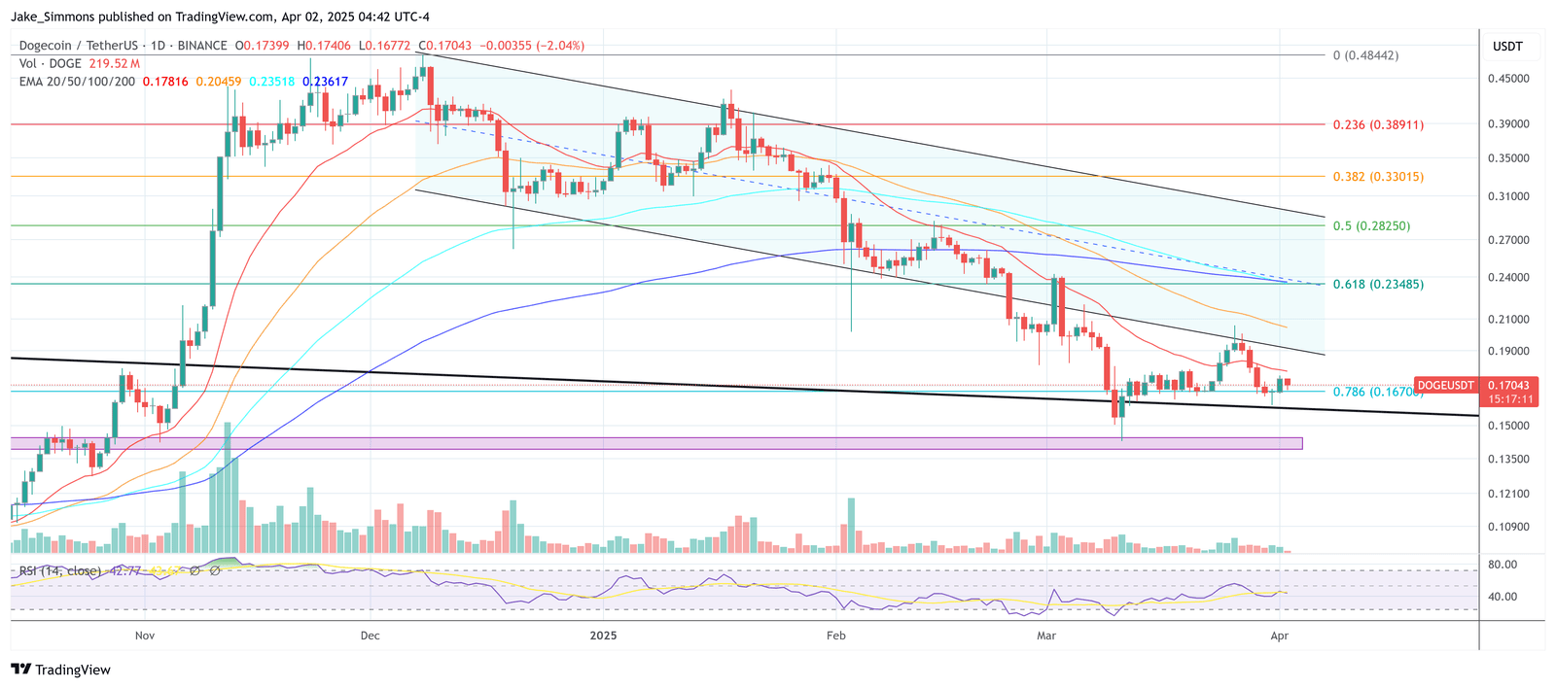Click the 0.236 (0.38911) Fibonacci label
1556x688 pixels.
click(x=1378, y=125)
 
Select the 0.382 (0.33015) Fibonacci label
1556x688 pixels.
click(x=1378, y=177)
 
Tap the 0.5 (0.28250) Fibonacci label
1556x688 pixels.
click(x=1371, y=226)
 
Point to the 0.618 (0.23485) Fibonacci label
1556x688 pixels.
click(x=1378, y=285)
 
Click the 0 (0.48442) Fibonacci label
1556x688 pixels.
click(x=1365, y=55)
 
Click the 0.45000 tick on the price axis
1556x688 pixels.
click(x=1508, y=79)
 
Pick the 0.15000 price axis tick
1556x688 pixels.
click(x=1508, y=426)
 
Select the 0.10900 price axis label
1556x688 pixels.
click(x=1508, y=528)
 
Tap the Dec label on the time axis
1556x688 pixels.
click(x=370, y=636)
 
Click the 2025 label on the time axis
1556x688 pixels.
click(x=603, y=636)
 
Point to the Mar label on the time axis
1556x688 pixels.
click(x=1046, y=636)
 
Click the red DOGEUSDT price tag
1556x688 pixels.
click(x=1445, y=386)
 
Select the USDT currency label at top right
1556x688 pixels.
click(x=1507, y=47)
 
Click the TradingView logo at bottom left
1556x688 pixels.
click(x=60, y=670)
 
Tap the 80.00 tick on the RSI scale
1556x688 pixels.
click(x=1503, y=565)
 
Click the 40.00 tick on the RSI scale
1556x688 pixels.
click(x=1503, y=597)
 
